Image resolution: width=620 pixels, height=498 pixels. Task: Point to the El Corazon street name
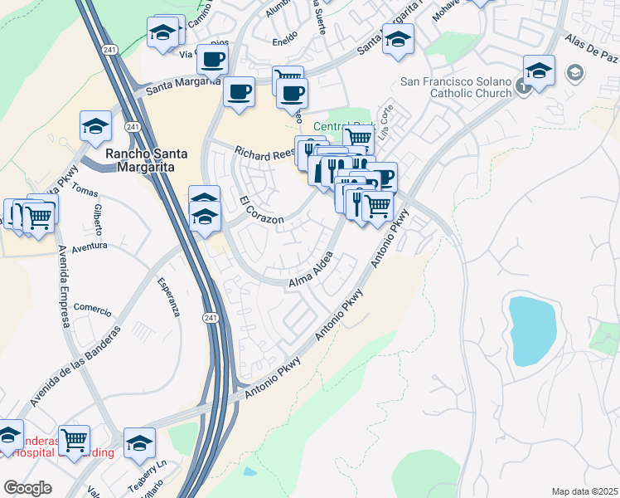261,211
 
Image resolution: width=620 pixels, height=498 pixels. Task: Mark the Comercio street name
92,310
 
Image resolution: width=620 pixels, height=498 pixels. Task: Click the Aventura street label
90,246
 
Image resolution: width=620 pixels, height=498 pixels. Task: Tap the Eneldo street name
286,38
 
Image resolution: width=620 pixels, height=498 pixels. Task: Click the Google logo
27,488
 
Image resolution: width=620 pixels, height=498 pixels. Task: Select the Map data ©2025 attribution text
584,491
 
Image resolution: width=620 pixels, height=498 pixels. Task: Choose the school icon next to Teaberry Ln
140,443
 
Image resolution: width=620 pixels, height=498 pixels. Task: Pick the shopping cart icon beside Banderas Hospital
74,439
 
